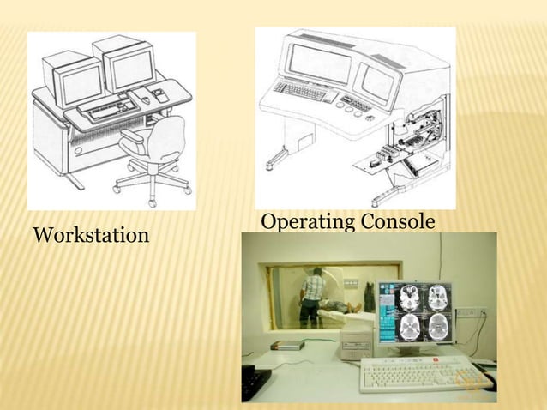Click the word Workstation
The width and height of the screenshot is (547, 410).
pyautogui.click(x=91, y=234)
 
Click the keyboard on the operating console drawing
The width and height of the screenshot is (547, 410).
pyautogui.click(x=301, y=91)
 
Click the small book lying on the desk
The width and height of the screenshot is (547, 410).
pyautogui.click(x=287, y=345)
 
